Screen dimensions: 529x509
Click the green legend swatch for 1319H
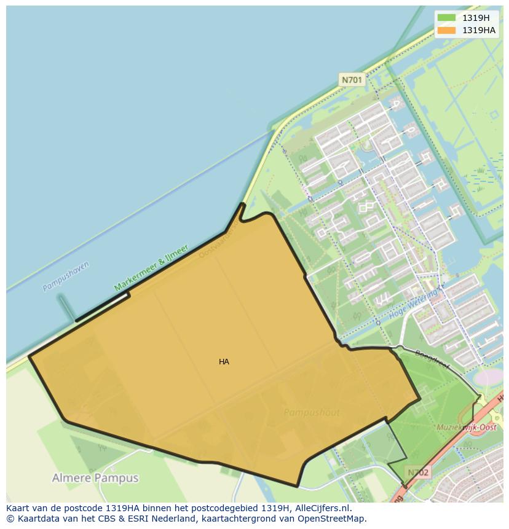tap(447, 18)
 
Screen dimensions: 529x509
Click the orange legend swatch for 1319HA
tap(447, 30)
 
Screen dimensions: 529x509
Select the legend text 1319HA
tap(479, 30)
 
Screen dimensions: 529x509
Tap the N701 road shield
tap(352, 80)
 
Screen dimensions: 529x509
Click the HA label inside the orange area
tap(224, 362)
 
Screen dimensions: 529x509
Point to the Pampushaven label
tap(66, 276)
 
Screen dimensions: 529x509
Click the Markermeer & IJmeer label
tap(151, 268)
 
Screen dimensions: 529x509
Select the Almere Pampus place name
tap(95, 478)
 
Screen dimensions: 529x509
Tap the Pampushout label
tap(312, 413)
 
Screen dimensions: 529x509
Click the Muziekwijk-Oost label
tap(467, 427)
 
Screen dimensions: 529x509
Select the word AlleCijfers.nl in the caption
tap(323, 508)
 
